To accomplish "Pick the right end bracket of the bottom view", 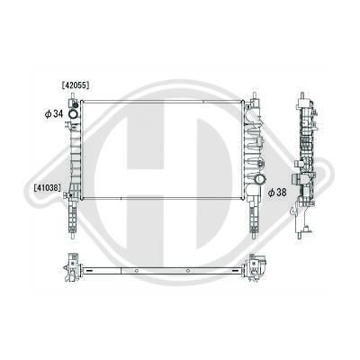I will (x=261, y=267).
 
